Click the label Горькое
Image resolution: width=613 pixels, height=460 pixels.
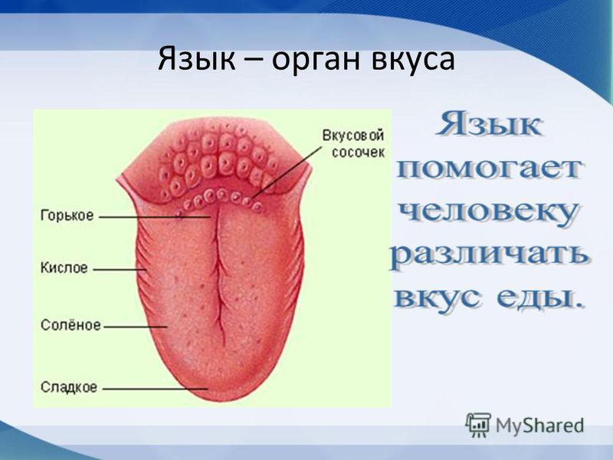pyautogui.click(x=67, y=216)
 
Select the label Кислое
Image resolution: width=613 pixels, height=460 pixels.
pyautogui.click(x=64, y=268)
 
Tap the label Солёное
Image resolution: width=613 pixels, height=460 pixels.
pyautogui.click(x=70, y=325)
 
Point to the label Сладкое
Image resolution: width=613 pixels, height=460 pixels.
pyautogui.click(x=69, y=388)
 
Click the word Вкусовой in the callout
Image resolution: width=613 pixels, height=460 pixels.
pyautogui.click(x=353, y=136)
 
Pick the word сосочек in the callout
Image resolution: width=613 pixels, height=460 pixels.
pyautogui.click(x=358, y=152)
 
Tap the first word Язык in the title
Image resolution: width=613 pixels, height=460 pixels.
pyautogui.click(x=197, y=59)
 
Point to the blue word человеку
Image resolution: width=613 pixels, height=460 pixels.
pyautogui.click(x=488, y=214)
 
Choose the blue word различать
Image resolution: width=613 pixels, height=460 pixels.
pyautogui.click(x=489, y=255)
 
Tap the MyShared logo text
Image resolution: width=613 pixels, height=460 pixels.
pyautogui.click(x=540, y=426)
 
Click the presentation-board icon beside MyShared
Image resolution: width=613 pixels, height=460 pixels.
pyautogui.click(x=477, y=425)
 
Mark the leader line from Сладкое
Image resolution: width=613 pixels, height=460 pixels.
pyautogui.click(x=156, y=389)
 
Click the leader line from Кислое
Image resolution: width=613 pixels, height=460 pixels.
pyautogui.click(x=120, y=270)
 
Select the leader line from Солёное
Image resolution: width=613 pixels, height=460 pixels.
pyautogui.click(x=136, y=327)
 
